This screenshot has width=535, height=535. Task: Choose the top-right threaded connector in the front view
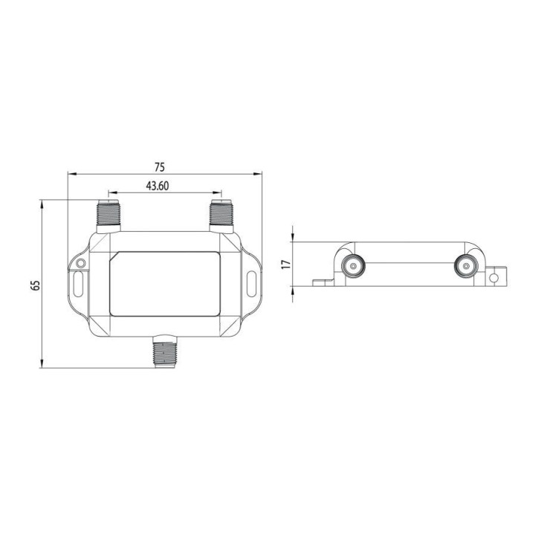pos(221,213)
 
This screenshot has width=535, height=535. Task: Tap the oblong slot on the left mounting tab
pos(80,283)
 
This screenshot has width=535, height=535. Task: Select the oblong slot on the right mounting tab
pos(251,284)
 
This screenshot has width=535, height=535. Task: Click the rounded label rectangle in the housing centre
pos(165,283)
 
